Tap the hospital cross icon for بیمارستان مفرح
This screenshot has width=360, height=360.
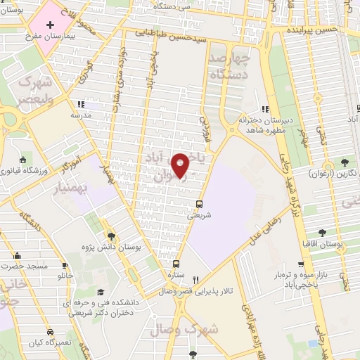click(49, 25)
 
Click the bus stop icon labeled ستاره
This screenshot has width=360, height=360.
click(172, 265)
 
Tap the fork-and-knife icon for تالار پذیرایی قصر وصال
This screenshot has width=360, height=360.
click(196, 279)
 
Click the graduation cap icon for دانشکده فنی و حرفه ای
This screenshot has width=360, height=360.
click(100, 292)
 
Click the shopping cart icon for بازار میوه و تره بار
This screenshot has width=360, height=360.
click(301, 265)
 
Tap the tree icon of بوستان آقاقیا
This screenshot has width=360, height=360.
click(322, 232)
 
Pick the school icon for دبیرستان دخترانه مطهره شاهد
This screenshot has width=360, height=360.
click(264, 109)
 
